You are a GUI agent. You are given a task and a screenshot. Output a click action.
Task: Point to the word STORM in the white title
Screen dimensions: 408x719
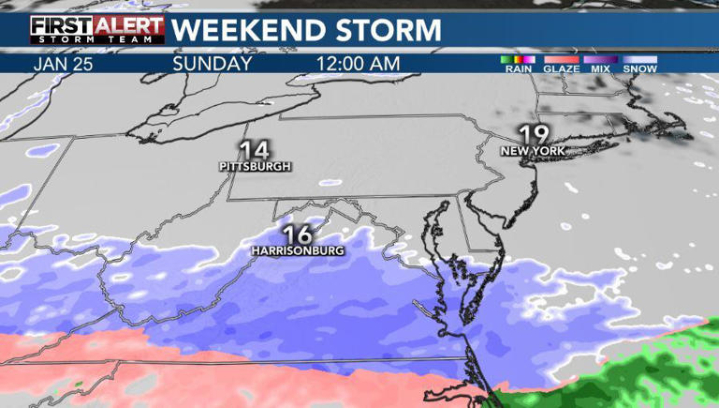pos(383,29)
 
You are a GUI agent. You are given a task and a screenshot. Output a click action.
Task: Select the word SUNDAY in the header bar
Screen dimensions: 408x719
pos(213,64)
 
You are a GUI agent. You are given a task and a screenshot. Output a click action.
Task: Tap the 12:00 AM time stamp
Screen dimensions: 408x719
pos(359,64)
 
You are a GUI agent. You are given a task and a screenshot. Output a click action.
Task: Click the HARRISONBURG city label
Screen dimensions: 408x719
pos(297,251)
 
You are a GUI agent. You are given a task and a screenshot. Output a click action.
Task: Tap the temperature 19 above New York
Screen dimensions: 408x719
pos(531,133)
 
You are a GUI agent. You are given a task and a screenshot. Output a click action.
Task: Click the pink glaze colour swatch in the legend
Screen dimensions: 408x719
pos(562,60)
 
